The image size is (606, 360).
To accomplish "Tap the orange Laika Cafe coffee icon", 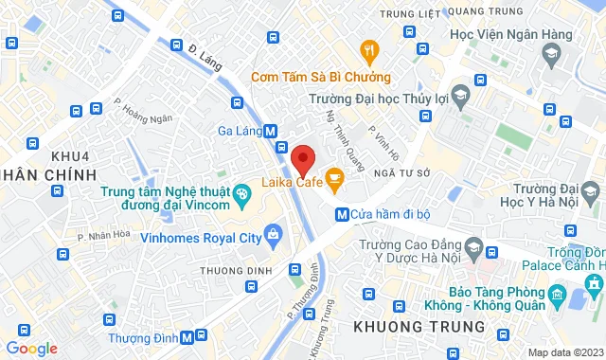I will point(334,175).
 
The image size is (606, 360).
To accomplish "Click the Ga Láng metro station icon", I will point(271,132).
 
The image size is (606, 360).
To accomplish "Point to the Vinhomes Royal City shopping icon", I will point(274,233).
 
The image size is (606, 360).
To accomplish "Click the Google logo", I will point(30,348).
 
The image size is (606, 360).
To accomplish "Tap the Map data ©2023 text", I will point(562,352).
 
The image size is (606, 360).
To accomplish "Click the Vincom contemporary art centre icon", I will point(241,196).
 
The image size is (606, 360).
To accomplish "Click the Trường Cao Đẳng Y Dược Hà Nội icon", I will point(490,250).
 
